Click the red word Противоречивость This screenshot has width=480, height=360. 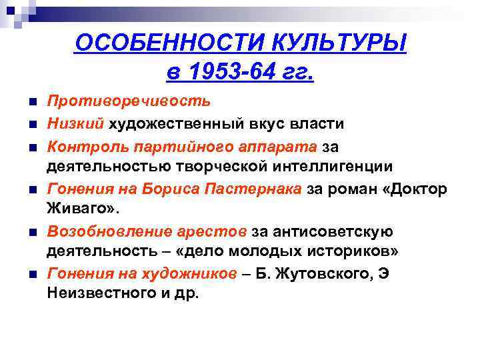129,101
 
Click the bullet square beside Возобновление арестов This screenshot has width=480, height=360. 33,233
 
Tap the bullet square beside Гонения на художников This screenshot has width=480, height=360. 33,275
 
